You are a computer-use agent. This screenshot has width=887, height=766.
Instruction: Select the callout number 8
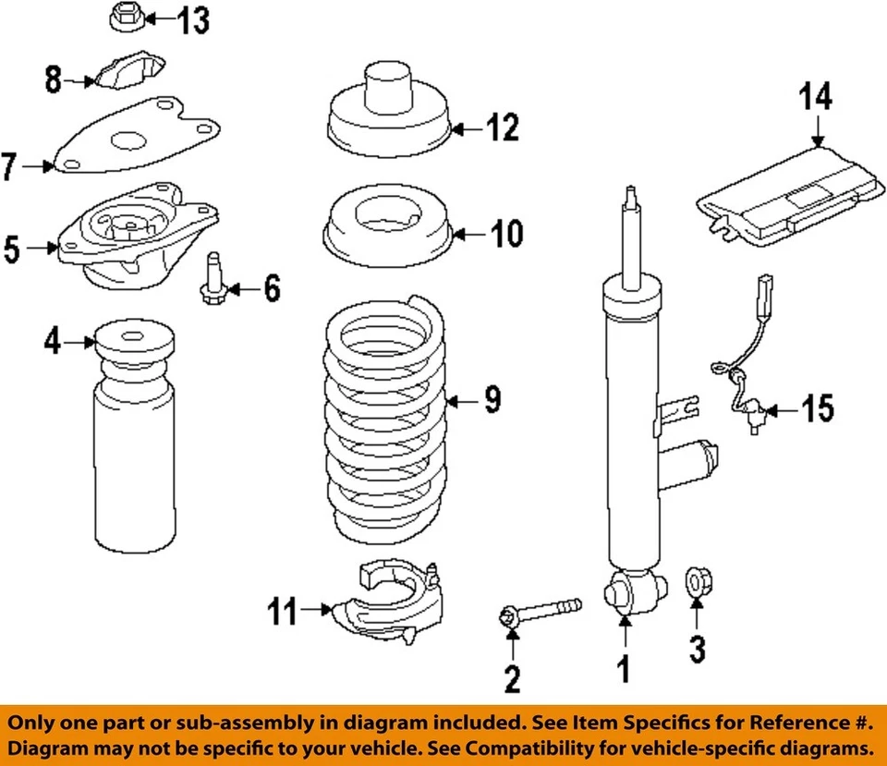coord(54,79)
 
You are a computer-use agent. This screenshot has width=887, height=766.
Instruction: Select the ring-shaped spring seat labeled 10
coord(384,232)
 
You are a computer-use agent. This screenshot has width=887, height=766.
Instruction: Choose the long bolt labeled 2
coord(541,612)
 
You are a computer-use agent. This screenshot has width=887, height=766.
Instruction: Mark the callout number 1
coord(626,668)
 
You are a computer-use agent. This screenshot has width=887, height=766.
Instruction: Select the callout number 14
coord(817,97)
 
